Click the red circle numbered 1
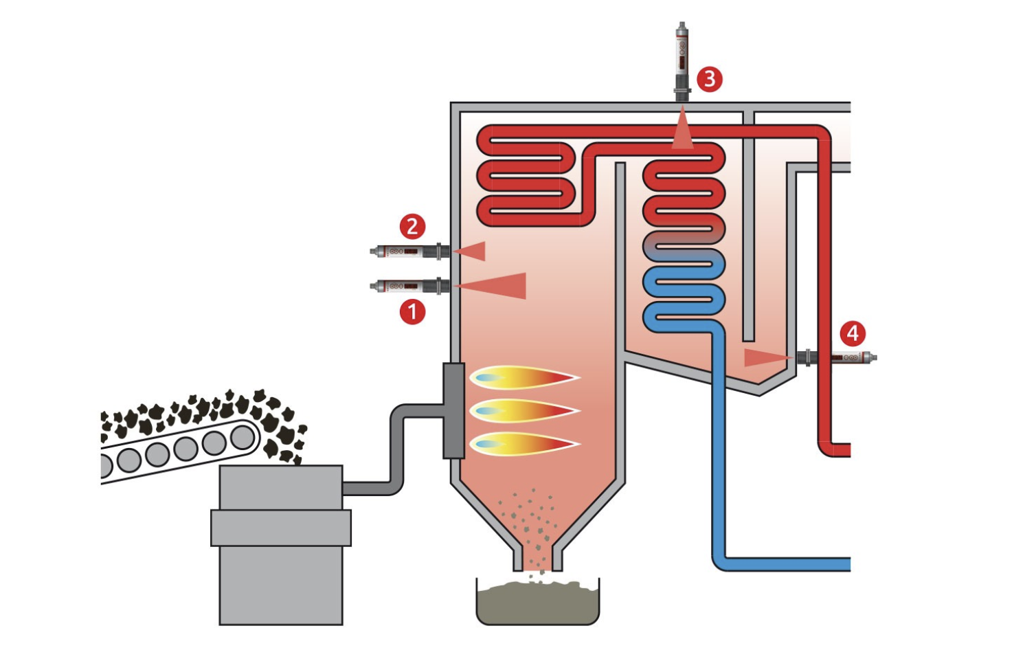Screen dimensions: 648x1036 (x=412, y=312)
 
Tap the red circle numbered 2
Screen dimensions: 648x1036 (x=412, y=226)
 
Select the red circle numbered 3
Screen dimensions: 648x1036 (x=710, y=79)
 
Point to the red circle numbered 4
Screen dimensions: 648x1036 (x=853, y=334)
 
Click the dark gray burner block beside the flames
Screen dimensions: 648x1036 (x=453, y=410)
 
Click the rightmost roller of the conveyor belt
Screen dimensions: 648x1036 (x=243, y=437)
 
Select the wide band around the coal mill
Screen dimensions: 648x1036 (x=280, y=528)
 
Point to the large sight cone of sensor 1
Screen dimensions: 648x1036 (x=498, y=286)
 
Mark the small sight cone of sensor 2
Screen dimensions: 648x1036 (x=473, y=252)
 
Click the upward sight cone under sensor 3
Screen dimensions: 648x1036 (x=682, y=132)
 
